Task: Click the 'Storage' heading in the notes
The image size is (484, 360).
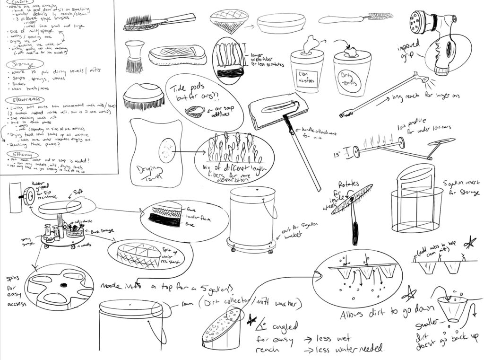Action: [19, 64]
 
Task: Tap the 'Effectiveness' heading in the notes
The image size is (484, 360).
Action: [24, 100]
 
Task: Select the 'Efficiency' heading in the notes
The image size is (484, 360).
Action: [21, 155]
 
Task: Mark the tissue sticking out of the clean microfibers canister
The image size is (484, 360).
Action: [310, 43]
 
